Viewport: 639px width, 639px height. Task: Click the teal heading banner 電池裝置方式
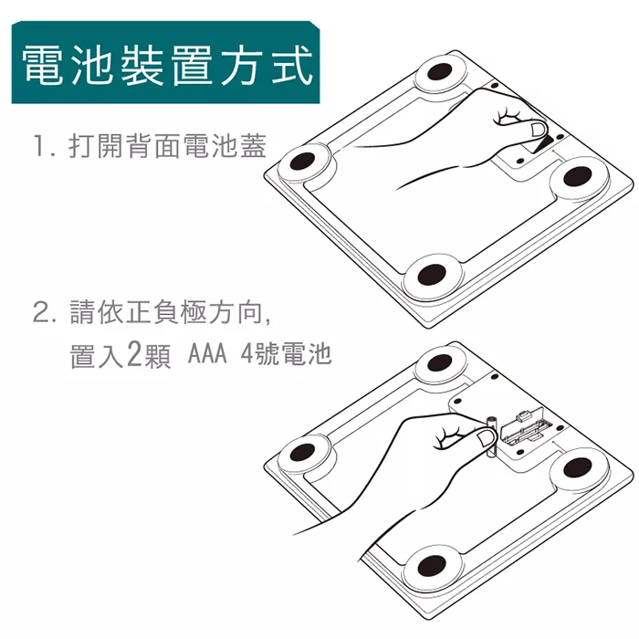tap(165, 62)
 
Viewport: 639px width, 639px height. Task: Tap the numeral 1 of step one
tap(40, 146)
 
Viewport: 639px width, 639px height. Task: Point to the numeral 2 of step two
tap(41, 313)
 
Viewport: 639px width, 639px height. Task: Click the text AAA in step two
tap(207, 353)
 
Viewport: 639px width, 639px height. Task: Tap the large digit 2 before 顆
tap(134, 353)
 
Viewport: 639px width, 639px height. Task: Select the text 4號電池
tap(286, 353)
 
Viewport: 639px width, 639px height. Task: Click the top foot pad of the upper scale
tap(441, 73)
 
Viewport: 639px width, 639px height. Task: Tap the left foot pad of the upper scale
tap(303, 162)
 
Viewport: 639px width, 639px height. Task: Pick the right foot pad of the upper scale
tap(578, 176)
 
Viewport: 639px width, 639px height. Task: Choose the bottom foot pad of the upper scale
tap(434, 274)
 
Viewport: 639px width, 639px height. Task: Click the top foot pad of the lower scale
tap(441, 362)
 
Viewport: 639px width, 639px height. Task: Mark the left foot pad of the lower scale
tap(303, 452)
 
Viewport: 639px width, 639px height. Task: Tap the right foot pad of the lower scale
tap(578, 466)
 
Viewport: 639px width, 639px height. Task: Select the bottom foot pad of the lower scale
tap(433, 564)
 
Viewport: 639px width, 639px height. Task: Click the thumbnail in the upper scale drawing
tap(538, 130)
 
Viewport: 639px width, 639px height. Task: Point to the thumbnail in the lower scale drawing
tap(485, 438)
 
